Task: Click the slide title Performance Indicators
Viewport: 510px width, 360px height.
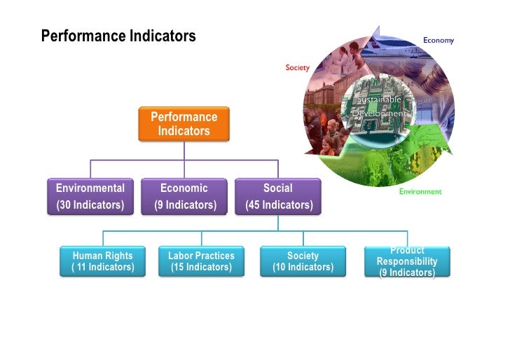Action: [x=118, y=36]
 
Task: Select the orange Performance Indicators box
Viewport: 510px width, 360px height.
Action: [x=184, y=124]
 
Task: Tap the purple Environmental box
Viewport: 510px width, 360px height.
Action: [x=90, y=196]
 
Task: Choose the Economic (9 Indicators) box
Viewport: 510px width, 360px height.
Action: [x=184, y=196]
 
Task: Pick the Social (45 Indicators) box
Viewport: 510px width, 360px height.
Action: [x=278, y=196]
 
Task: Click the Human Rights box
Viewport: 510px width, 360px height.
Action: [x=103, y=261]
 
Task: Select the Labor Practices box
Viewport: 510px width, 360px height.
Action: [x=201, y=261]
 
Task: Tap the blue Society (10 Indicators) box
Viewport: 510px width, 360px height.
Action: [x=303, y=261]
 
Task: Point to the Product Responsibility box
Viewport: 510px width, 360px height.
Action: [x=407, y=261]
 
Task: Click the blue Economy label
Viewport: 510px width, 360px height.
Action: [x=438, y=40]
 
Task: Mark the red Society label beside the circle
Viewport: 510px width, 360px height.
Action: [x=297, y=68]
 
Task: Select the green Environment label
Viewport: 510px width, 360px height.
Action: [x=420, y=191]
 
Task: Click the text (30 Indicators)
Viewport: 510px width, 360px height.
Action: [x=90, y=205]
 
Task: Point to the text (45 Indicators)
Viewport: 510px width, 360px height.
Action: [x=279, y=205]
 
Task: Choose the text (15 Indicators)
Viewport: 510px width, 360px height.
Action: [x=201, y=267]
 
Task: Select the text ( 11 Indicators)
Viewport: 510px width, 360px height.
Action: [x=103, y=267]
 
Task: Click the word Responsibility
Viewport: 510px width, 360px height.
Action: [x=407, y=261]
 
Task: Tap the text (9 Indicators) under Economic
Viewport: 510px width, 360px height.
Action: [x=185, y=205]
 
